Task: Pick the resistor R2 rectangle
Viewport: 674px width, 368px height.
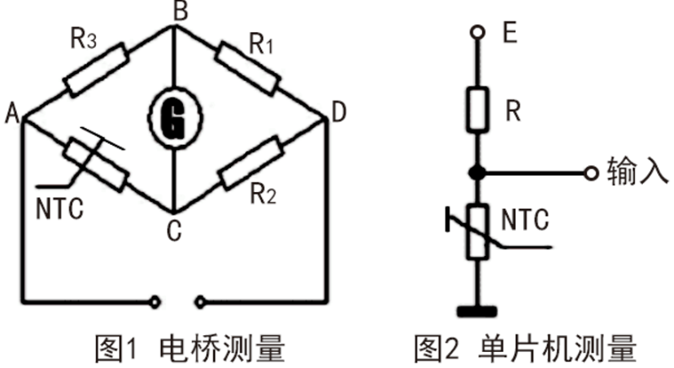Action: pos(249,165)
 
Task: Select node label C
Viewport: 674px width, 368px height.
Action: pos(174,229)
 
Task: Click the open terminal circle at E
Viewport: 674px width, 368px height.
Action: pos(478,32)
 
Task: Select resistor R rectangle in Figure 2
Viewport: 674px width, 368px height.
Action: pos(478,109)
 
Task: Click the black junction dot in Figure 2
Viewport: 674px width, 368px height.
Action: pos(478,173)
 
